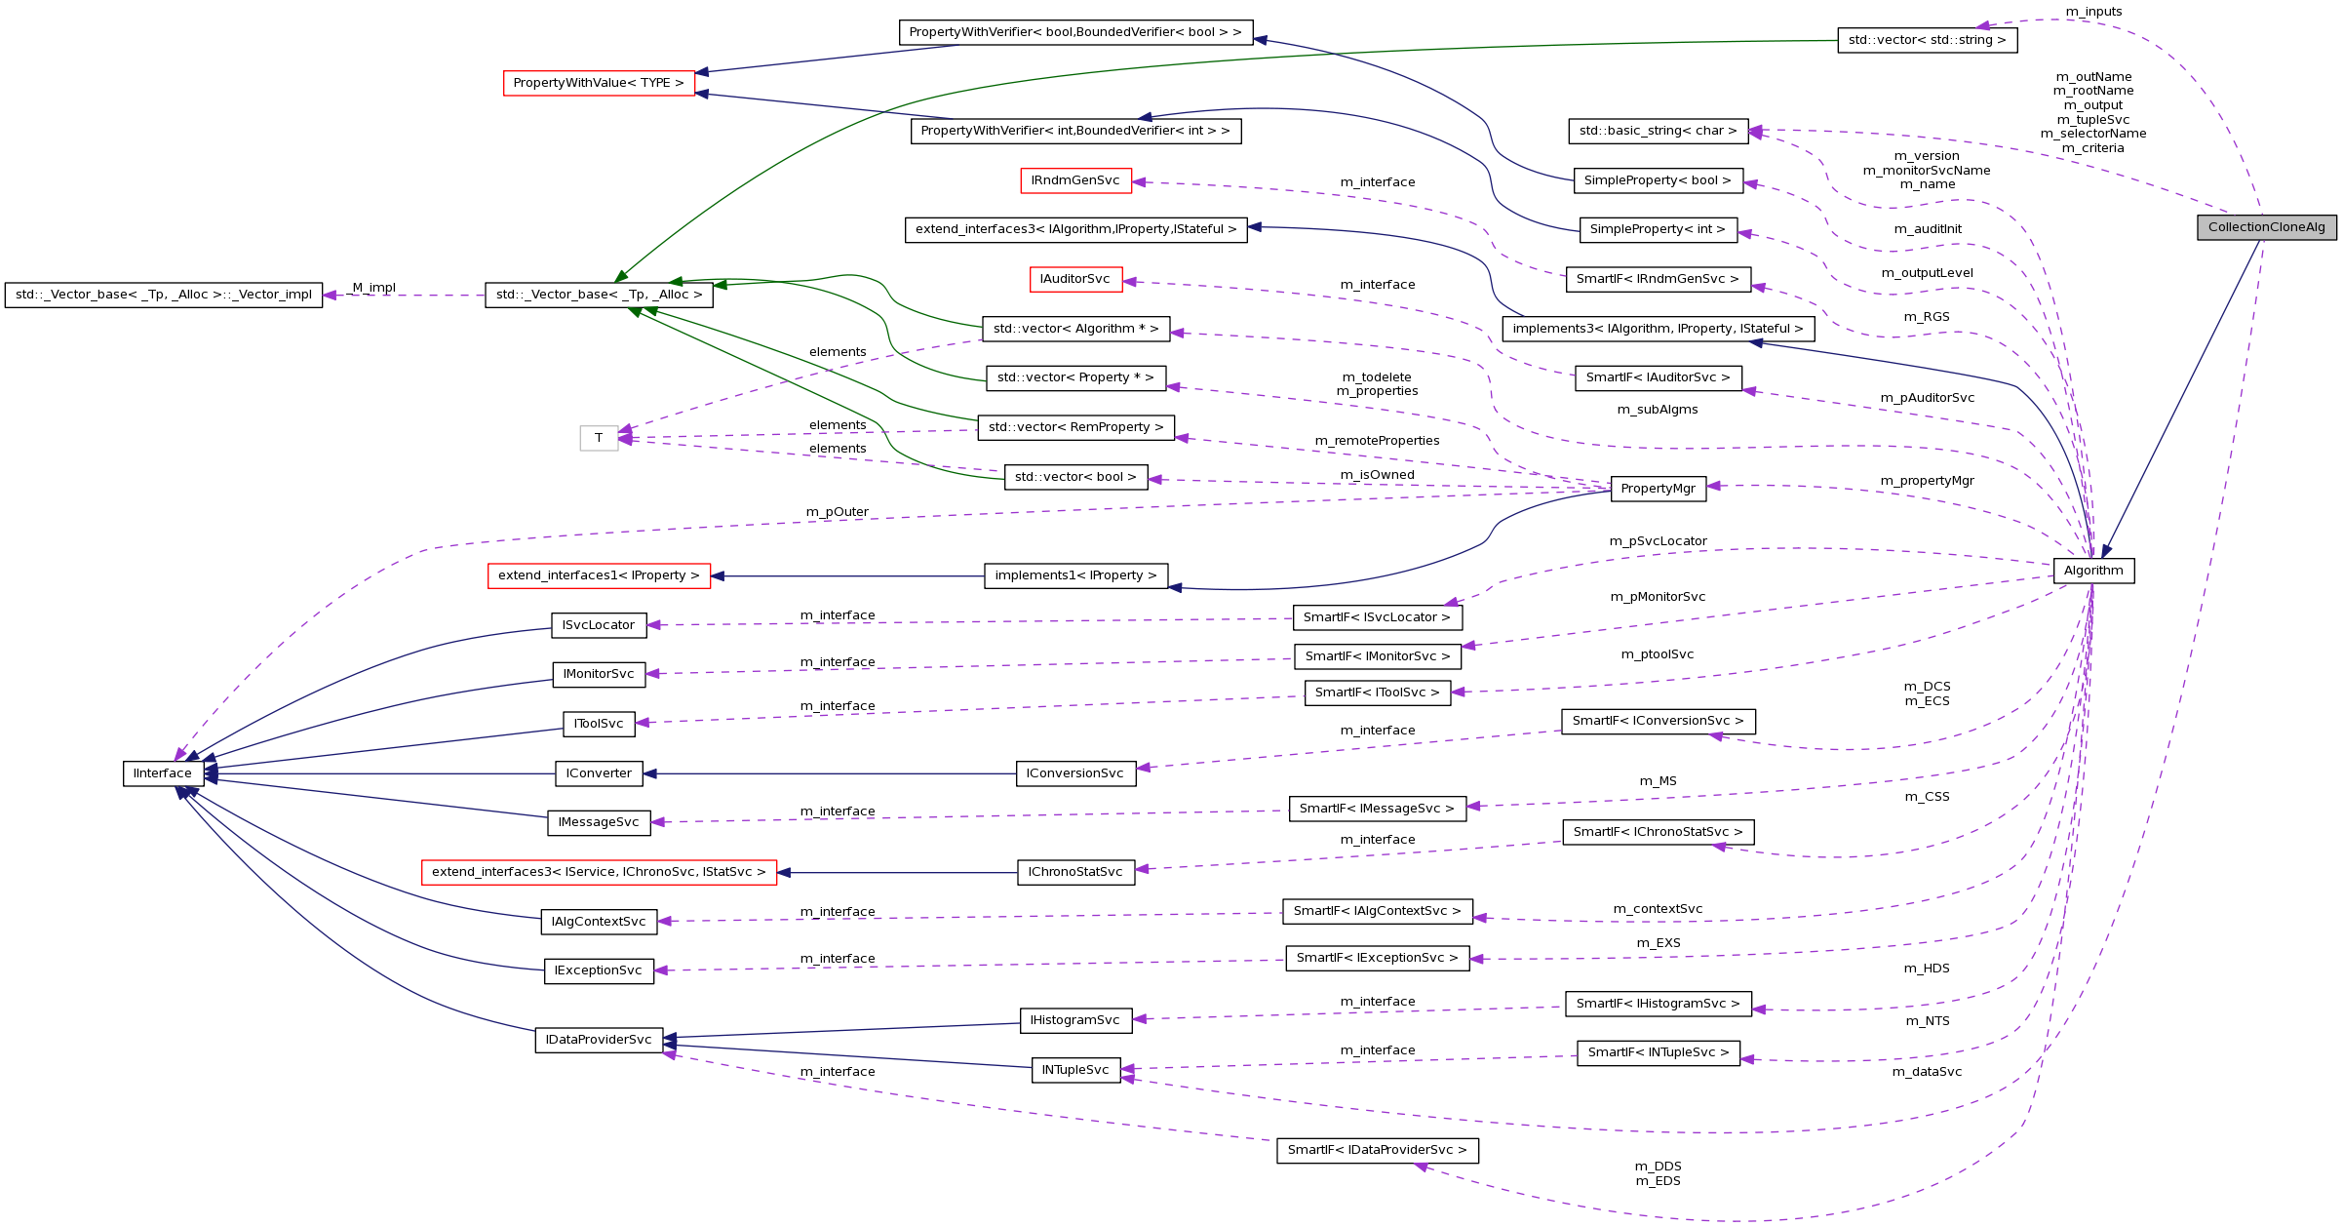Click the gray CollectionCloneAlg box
pyautogui.click(x=2266, y=227)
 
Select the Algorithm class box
pyautogui.click(x=2093, y=571)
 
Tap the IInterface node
pyautogui.click(x=163, y=773)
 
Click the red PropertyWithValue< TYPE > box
pyautogui.click(x=599, y=83)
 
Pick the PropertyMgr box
pyautogui.click(x=1658, y=489)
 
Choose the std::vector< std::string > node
pyautogui.click(x=1927, y=40)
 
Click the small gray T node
pyautogui.click(x=599, y=438)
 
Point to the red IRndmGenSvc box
pyautogui.click(x=1074, y=180)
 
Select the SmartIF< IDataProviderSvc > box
pyautogui.click(x=1377, y=1150)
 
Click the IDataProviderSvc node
pyautogui.click(x=599, y=1040)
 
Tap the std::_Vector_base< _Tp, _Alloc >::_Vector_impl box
pyautogui.click(x=164, y=295)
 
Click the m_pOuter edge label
pyautogui.click(x=837, y=512)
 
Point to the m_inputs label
pyautogui.click(x=2093, y=12)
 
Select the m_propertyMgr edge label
pyautogui.click(x=1927, y=481)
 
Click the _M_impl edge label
pyautogui.click(x=373, y=288)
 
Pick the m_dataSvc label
pyautogui.click(x=1927, y=1072)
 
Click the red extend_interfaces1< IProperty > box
pyautogui.click(x=599, y=575)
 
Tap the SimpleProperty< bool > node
pyautogui.click(x=1657, y=180)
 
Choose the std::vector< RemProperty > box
pyautogui.click(x=1075, y=427)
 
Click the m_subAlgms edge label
pyautogui.click(x=1657, y=410)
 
